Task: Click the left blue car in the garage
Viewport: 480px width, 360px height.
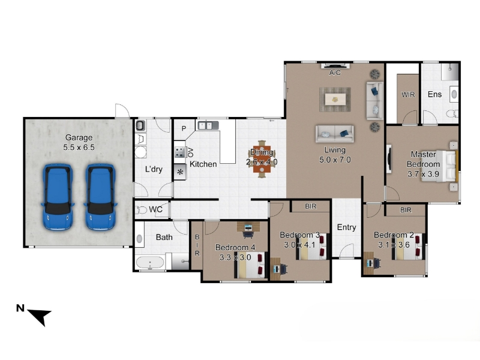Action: [58, 197]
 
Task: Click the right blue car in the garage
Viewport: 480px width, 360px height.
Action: [100, 197]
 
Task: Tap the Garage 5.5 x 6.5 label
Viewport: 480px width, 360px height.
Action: [79, 142]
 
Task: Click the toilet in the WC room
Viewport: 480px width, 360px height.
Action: [142, 210]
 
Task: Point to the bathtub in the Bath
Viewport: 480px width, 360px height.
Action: [150, 263]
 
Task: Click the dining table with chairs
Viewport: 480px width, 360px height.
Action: [262, 159]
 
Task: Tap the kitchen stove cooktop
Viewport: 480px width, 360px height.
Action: [179, 152]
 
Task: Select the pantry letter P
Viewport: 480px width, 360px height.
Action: [184, 128]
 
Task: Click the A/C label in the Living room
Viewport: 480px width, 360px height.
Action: [335, 73]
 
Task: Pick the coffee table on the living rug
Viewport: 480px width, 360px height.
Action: [335, 99]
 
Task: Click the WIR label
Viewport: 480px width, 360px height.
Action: [408, 95]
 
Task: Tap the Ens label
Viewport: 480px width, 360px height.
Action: [434, 94]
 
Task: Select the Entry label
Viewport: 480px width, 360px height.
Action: [347, 227]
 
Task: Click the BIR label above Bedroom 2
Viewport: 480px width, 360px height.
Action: [406, 210]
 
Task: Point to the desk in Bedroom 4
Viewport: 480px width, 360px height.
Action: [248, 227]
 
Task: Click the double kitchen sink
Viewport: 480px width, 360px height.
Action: [208, 125]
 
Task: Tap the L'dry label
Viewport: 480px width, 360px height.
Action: [154, 169]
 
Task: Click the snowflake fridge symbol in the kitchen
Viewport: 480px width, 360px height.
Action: [181, 172]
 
